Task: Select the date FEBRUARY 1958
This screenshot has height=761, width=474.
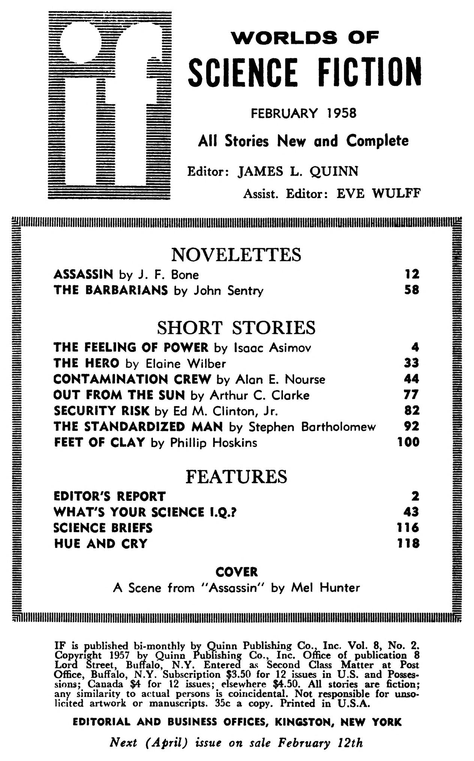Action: coord(304,113)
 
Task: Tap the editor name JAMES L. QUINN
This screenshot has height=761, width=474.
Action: coord(298,171)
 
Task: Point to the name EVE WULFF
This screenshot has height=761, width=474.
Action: coord(378,194)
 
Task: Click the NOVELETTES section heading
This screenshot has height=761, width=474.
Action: coord(236,255)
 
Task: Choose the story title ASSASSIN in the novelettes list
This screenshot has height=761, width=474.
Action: coord(83,274)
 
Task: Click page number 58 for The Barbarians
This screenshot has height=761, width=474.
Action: coord(411,290)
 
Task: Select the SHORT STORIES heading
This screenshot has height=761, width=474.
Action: coord(236,328)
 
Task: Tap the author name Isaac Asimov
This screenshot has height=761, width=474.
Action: coord(272,348)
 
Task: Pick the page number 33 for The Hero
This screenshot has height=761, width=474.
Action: coord(411,363)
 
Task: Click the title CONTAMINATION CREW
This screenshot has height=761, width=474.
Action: coord(132,379)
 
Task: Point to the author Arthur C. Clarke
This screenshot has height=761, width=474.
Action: coord(259,395)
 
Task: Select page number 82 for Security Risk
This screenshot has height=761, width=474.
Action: coord(411,411)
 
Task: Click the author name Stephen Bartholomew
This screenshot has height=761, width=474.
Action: coord(312,427)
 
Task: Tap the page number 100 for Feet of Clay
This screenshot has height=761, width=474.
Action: coord(408,442)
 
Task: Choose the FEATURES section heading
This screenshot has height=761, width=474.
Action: coord(236,477)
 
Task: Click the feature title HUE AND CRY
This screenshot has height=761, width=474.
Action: coord(101,544)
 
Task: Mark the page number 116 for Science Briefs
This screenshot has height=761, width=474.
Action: coord(408,528)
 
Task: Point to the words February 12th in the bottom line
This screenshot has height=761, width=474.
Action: coord(320,743)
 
